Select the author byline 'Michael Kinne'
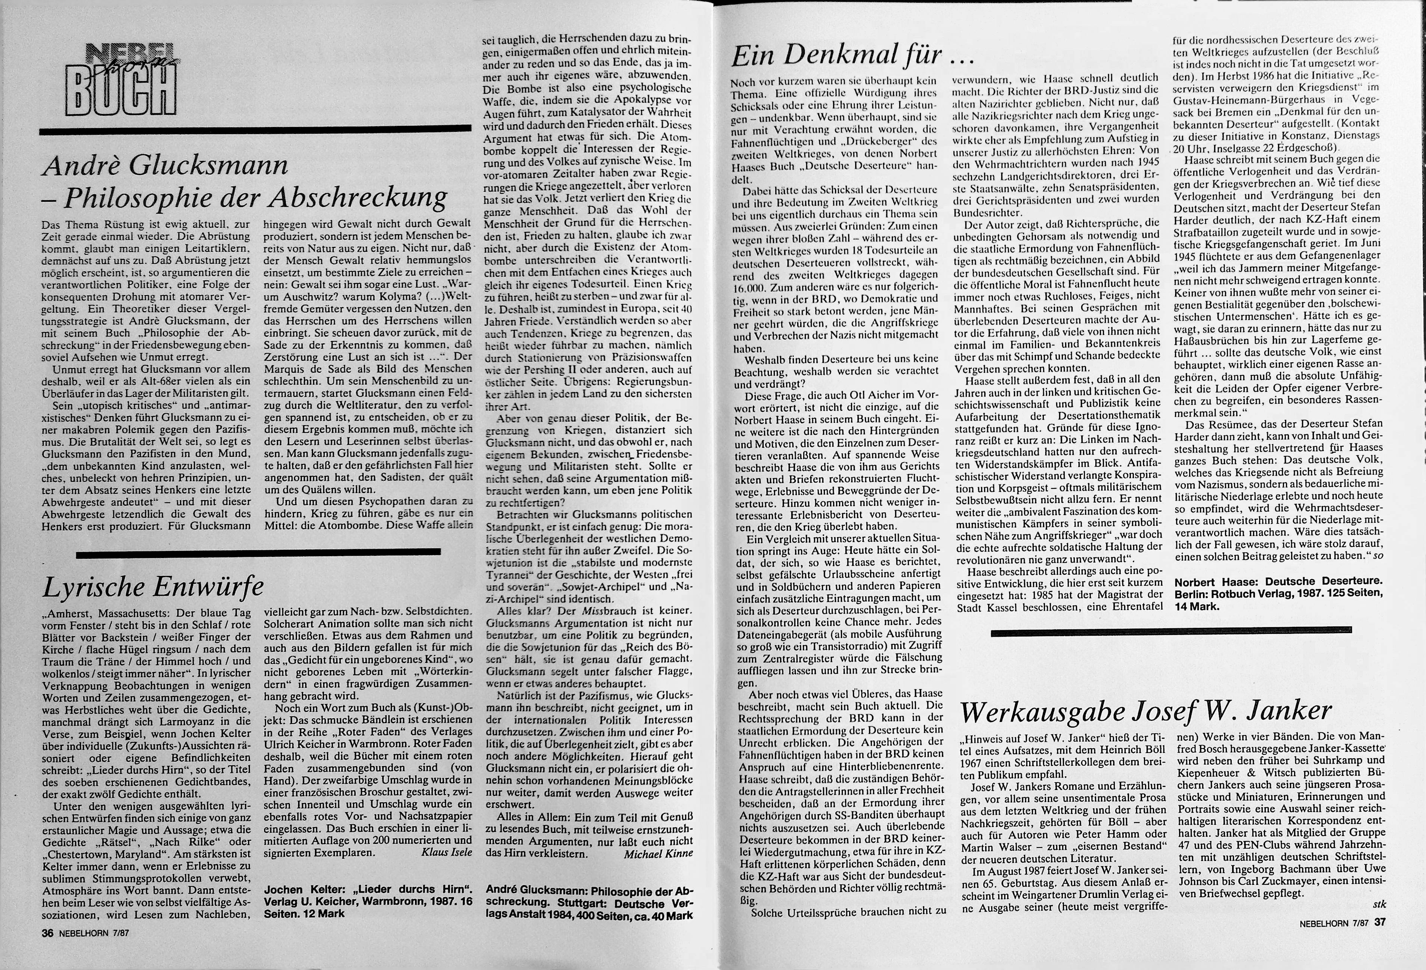[x=658, y=853]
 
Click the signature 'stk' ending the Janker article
[x=1379, y=904]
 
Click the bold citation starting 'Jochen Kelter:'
[x=368, y=901]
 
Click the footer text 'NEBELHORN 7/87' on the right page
[x=1332, y=923]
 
